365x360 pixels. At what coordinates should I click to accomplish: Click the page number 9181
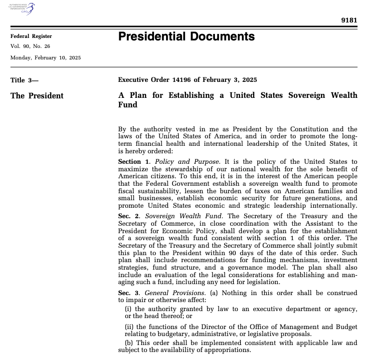pos(349,20)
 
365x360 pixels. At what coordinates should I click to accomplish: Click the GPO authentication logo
pos(22,9)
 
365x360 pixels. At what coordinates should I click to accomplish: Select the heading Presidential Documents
pos(186,36)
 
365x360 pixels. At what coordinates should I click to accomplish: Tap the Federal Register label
pos(31,36)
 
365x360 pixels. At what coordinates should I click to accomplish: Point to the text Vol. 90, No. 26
pos(30,46)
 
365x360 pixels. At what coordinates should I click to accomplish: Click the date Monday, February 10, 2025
pos(45,57)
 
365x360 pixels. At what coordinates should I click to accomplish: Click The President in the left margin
pos(37,96)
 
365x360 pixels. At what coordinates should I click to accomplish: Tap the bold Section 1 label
pos(134,162)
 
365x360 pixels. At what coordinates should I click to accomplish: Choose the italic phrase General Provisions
pos(175,292)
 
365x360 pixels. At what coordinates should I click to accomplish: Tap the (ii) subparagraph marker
pos(129,327)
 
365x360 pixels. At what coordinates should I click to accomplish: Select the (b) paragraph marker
pos(129,343)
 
